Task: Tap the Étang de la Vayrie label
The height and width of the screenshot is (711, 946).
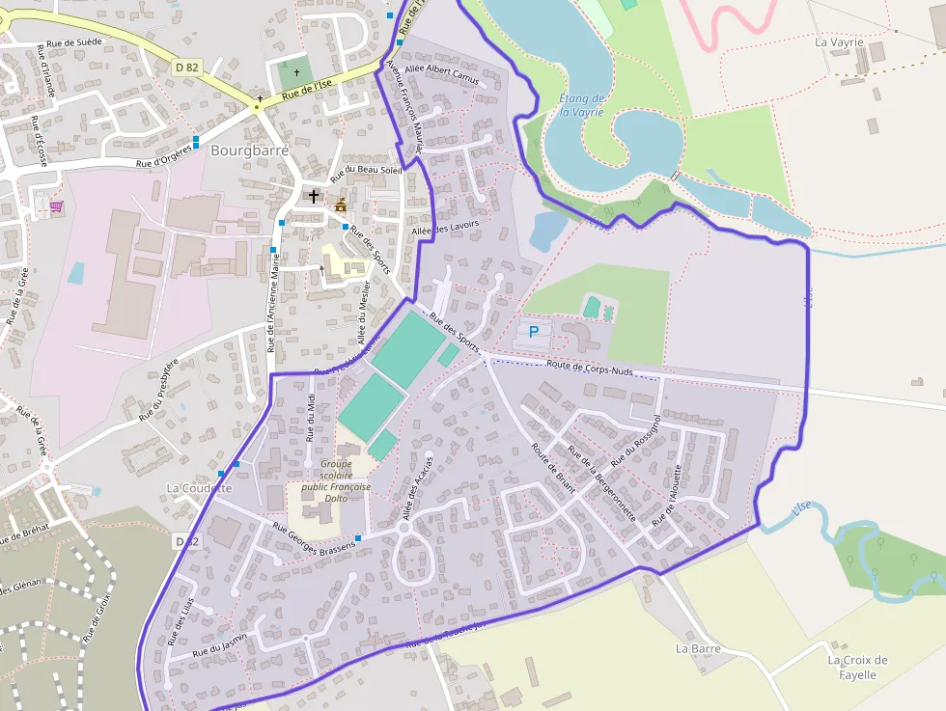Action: (x=581, y=105)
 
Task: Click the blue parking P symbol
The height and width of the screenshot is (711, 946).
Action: (x=534, y=331)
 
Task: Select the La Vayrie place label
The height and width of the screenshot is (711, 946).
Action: (x=838, y=42)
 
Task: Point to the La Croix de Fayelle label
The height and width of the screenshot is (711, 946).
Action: (x=857, y=667)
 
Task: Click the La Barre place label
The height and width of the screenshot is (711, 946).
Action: (x=698, y=648)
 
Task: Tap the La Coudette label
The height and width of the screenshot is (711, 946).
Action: (x=199, y=488)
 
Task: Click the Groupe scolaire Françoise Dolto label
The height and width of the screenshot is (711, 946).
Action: (x=335, y=480)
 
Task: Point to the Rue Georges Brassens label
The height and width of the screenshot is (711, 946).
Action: (x=314, y=538)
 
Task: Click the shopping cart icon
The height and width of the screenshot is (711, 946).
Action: (x=56, y=205)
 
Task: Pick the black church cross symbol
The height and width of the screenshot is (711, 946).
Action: (x=313, y=196)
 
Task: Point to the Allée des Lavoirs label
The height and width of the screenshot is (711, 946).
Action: (x=445, y=230)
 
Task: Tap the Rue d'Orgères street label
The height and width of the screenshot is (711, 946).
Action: (x=164, y=157)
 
